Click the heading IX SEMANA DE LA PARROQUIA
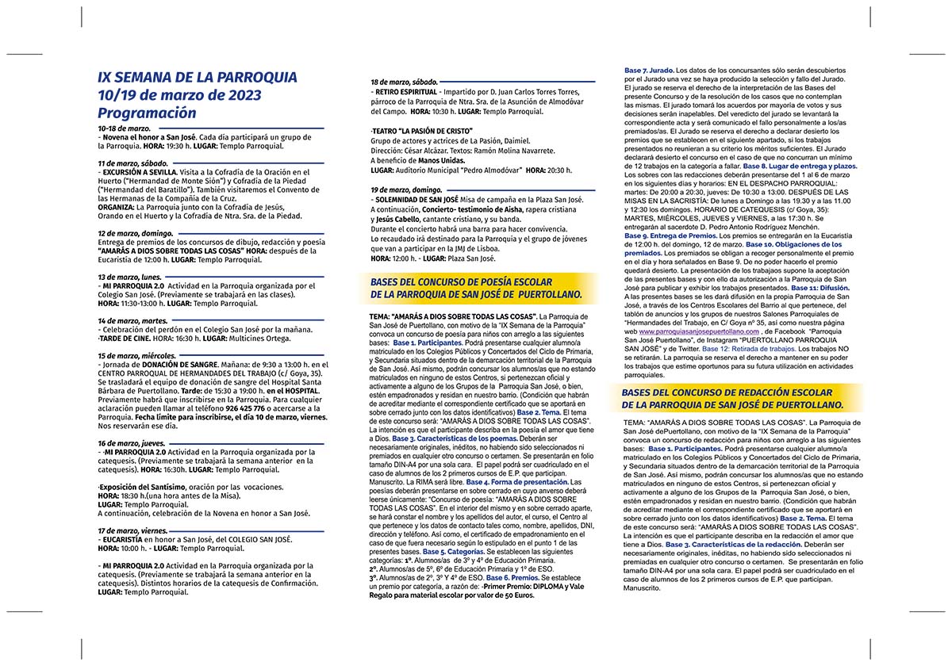[197, 77]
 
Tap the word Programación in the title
[148, 113]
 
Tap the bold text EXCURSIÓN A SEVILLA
[144, 172]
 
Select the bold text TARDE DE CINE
[126, 338]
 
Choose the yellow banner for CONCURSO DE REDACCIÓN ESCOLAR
[738, 399]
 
